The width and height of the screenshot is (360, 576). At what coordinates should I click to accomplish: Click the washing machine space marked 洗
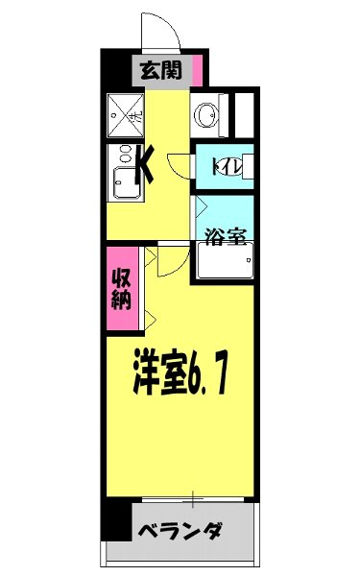click(x=126, y=115)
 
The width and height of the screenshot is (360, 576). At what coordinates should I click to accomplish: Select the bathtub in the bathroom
click(x=225, y=260)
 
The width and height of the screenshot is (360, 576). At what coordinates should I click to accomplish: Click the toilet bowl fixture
click(x=240, y=165)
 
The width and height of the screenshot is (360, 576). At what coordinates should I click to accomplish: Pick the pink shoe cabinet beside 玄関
click(x=197, y=70)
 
